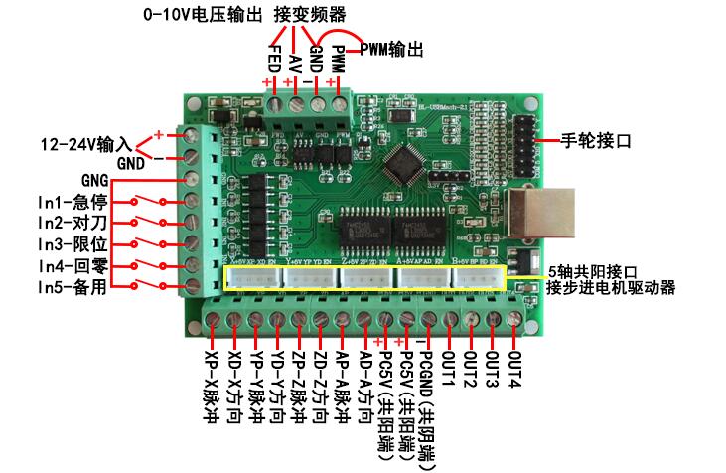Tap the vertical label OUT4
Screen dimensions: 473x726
514,367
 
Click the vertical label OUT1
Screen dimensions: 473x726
448,367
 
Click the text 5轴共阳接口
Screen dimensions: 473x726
593,270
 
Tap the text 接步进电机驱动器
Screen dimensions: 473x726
610,288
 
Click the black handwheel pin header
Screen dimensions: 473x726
522,138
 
